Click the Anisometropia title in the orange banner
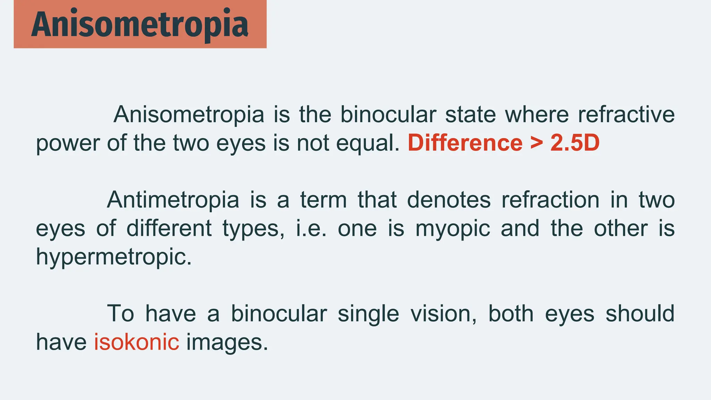point(140,24)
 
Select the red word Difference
point(465,143)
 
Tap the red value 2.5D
point(575,143)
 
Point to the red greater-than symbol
point(536,143)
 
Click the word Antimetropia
point(173,200)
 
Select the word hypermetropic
point(114,258)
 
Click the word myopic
point(453,229)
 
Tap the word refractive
point(626,114)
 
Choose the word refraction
point(550,200)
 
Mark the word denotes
point(449,200)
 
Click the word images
point(227,342)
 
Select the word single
point(368,314)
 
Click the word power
point(68,143)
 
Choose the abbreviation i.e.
point(311,229)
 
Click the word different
point(169,228)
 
